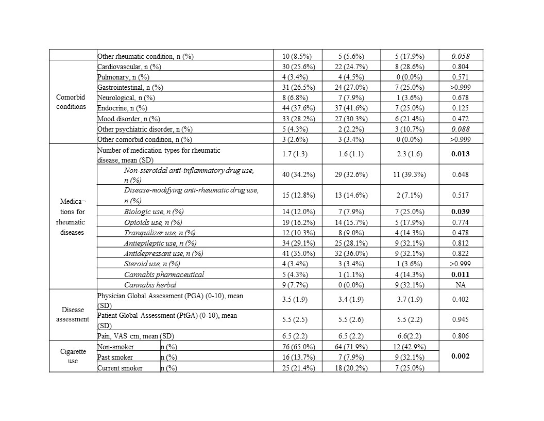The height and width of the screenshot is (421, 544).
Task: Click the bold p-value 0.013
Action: coord(461,154)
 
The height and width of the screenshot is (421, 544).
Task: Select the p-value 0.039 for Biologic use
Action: coord(461,212)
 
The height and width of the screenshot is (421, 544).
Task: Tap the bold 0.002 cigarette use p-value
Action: coord(461,357)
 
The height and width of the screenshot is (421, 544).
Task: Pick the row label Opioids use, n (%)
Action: coord(153,222)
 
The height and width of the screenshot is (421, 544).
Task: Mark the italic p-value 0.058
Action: coord(461,56)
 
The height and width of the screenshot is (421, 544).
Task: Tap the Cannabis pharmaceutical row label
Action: coord(164,274)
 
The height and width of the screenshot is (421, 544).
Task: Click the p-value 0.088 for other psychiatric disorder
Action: coord(461,129)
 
